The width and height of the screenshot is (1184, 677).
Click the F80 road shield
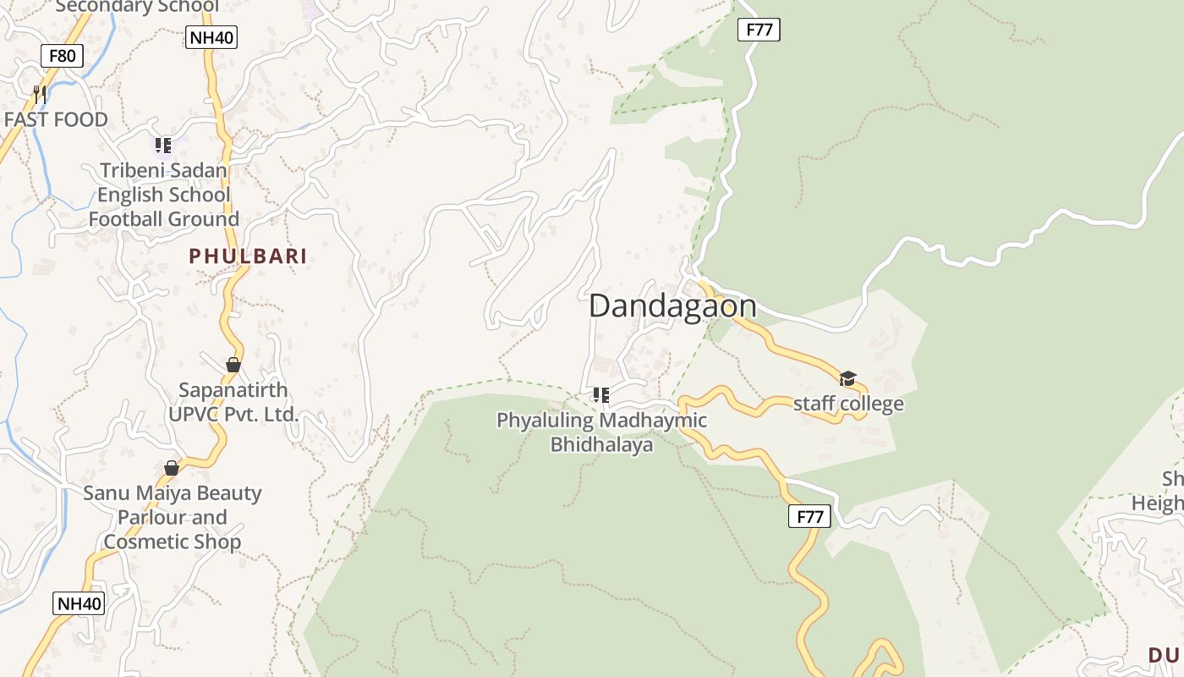click(x=62, y=57)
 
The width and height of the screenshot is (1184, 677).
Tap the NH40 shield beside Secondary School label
click(x=211, y=37)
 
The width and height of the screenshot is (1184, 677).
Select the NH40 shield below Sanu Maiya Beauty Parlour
click(x=79, y=603)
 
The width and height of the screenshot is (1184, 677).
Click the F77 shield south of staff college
click(x=809, y=516)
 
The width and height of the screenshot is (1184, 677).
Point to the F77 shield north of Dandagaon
click(x=759, y=30)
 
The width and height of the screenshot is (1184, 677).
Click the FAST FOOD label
click(x=56, y=119)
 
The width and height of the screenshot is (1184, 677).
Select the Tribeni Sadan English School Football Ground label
click(x=163, y=195)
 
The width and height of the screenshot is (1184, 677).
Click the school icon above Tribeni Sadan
click(x=162, y=146)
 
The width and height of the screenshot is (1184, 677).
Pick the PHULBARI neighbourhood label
click(x=248, y=256)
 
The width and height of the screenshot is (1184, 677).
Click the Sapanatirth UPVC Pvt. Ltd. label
click(x=233, y=402)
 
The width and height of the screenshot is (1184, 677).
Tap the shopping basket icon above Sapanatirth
click(x=233, y=365)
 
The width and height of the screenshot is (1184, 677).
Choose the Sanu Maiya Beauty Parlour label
click(x=173, y=517)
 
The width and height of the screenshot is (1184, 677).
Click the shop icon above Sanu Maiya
click(x=172, y=468)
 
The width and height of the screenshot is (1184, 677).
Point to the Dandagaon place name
click(x=672, y=305)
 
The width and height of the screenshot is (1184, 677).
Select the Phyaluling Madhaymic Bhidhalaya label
click(x=601, y=432)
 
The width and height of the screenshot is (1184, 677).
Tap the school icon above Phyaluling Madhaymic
click(x=601, y=394)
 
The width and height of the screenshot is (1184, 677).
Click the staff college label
click(x=848, y=404)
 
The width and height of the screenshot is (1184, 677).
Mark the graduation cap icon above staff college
click(x=847, y=378)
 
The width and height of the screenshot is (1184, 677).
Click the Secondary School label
click(x=137, y=7)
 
